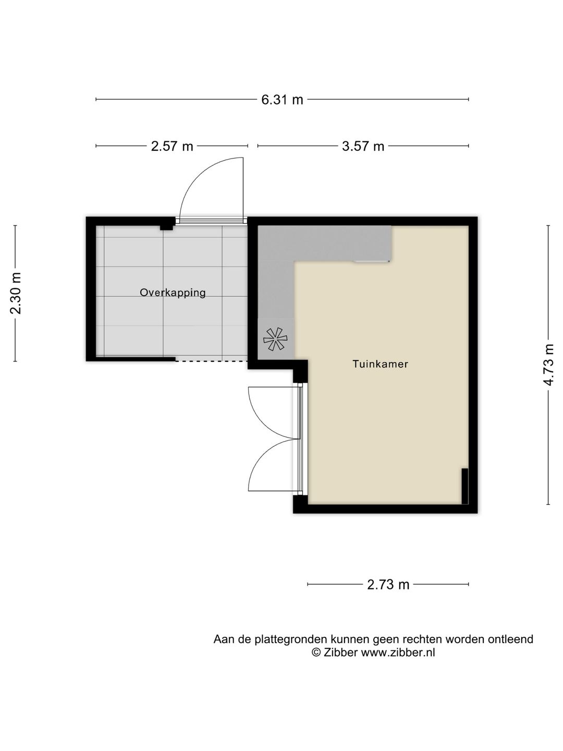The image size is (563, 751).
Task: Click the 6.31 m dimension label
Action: coord(282,100)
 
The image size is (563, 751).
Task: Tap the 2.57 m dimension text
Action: coord(172,146)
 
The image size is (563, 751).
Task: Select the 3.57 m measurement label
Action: coord(363,146)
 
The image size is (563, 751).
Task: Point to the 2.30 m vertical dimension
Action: coord(16,293)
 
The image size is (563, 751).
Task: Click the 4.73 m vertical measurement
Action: coord(548,365)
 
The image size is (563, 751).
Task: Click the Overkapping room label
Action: coord(173,293)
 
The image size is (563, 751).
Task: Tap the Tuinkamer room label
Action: coord(380,364)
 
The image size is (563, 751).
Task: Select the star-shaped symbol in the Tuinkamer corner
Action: coord(275,339)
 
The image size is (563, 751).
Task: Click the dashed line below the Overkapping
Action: coord(212,361)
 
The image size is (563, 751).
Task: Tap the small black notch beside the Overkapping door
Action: coord(166,227)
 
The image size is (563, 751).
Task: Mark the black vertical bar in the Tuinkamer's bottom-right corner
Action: coord(464,486)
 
